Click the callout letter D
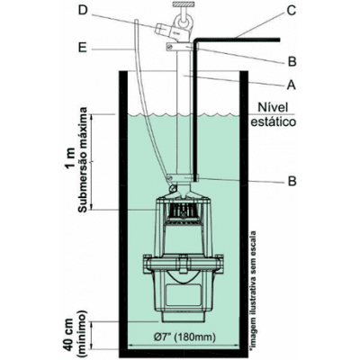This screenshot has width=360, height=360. click(x=83, y=11)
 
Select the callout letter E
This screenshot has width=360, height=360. click(x=83, y=48)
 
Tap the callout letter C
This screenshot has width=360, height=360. click(x=291, y=11)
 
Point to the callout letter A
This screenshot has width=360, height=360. click(x=291, y=85)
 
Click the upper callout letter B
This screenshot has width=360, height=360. click(x=292, y=61)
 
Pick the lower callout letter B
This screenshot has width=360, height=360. click(x=292, y=181)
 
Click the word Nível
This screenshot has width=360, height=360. click(x=273, y=107)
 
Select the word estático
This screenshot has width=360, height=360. click(x=274, y=122)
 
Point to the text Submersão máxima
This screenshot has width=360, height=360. click(x=83, y=159)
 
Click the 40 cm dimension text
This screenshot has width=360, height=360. click(x=70, y=330)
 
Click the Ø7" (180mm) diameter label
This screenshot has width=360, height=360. click(x=185, y=337)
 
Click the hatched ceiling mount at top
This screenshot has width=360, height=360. click(x=183, y=4)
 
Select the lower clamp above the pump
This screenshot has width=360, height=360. click(x=183, y=178)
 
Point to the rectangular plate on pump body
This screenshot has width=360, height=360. click(x=184, y=295)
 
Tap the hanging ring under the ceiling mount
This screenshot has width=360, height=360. click(x=183, y=22)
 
